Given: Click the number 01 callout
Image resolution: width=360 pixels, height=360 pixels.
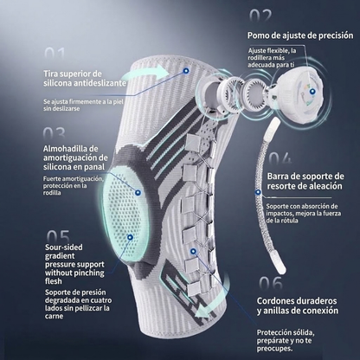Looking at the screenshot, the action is pos(55,54).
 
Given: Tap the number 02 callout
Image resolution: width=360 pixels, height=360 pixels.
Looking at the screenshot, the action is pos(260,16).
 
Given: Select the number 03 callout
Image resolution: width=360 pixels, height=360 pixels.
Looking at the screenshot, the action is pos(54,133).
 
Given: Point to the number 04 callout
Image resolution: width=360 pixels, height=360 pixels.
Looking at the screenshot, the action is pos(280,158).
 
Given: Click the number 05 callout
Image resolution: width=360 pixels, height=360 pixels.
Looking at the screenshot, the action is pos(58,236).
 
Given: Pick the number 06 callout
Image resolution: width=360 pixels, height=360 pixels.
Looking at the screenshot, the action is pos(271,283).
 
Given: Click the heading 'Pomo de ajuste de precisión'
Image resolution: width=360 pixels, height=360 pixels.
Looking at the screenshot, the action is pos(300,35).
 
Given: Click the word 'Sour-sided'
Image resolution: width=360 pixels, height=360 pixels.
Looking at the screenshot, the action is pos(64,247).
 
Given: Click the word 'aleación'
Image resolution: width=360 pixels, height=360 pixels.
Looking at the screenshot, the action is pos(326,186).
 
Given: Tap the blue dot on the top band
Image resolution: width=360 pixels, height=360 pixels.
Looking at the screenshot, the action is pos(186,70).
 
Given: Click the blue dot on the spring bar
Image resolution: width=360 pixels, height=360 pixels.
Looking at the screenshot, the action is pos(258,192).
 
